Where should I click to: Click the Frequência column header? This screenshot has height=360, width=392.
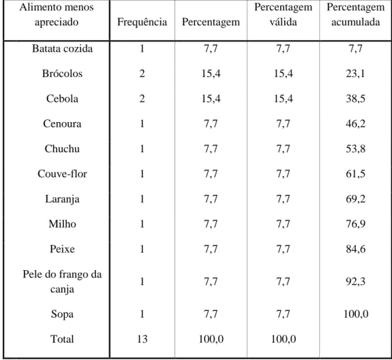(142, 22)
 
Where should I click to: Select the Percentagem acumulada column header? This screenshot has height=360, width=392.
(355, 14)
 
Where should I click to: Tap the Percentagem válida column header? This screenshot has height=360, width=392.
(283, 14)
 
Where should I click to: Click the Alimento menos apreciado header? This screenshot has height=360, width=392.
(57, 14)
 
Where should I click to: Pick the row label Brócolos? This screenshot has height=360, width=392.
(62, 74)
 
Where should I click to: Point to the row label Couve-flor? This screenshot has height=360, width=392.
(62, 174)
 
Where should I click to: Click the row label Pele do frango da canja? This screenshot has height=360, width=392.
(62, 282)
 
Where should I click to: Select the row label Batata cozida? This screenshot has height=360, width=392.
(62, 48)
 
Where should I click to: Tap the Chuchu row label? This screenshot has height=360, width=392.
(62, 149)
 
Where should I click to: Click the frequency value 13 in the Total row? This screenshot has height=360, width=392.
(142, 339)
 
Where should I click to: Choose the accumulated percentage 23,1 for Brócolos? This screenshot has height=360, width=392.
(355, 74)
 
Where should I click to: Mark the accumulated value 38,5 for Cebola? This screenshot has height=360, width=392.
(355, 98)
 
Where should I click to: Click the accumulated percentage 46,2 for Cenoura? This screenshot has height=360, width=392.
(355, 123)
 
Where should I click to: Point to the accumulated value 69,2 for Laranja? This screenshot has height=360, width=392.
(355, 199)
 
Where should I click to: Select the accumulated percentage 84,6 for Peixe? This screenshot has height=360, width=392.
(355, 249)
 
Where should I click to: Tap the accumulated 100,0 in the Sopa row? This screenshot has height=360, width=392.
(356, 314)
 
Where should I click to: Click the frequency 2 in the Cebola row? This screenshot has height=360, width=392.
(142, 98)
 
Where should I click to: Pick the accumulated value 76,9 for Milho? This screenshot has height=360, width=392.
(355, 224)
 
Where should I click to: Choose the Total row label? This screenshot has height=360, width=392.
(62, 339)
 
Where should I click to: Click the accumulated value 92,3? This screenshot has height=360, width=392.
(355, 282)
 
